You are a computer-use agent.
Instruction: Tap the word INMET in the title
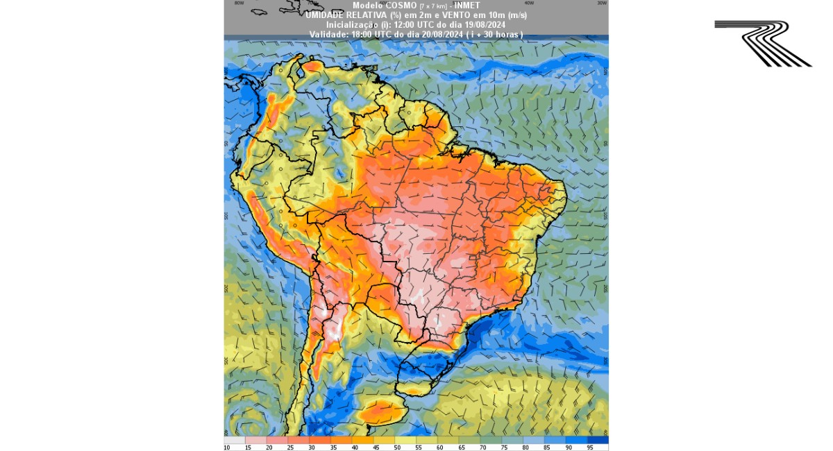point(466,6)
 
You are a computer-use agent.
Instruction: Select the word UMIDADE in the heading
point(326,15)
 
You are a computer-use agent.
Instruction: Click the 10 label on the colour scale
point(227,448)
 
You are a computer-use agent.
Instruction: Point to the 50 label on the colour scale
point(396,448)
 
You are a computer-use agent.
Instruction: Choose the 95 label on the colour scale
point(589,448)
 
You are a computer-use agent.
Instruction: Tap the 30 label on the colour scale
point(312,448)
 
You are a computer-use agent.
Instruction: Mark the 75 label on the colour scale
point(505,448)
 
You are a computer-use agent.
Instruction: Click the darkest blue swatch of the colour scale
point(598,440)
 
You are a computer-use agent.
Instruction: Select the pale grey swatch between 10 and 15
point(235,440)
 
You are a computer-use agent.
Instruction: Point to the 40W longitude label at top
point(529,3)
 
